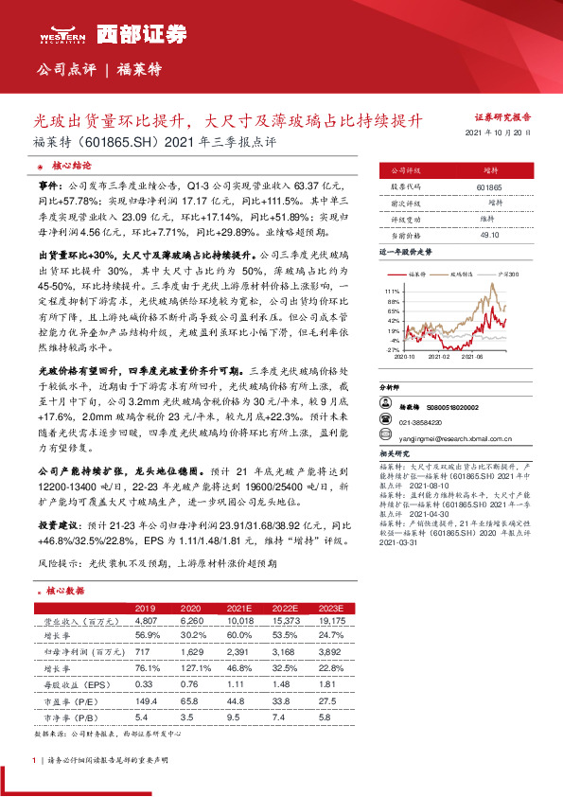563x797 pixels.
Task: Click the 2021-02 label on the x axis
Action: (437, 357)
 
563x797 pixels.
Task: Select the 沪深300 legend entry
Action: (508, 273)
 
